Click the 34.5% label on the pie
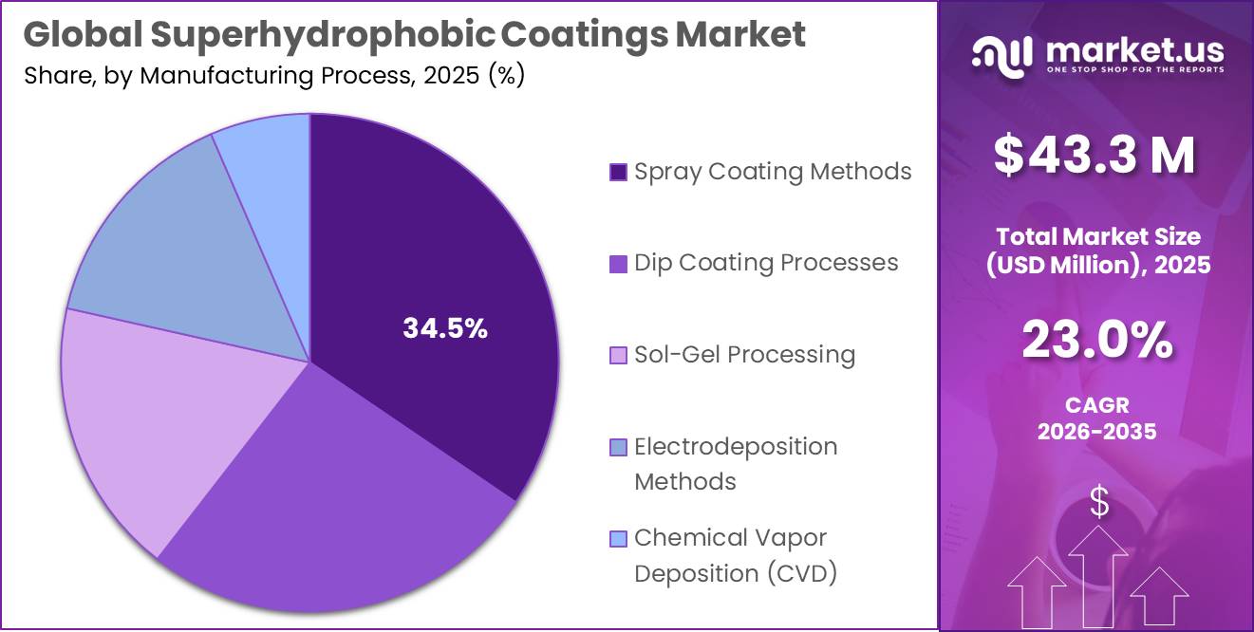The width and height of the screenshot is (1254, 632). (445, 329)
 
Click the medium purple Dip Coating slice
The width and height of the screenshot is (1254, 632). (342, 503)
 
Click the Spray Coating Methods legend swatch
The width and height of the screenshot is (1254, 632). (618, 172)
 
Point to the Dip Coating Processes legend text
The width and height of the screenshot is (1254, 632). (766, 263)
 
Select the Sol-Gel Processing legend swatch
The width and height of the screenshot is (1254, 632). (618, 355)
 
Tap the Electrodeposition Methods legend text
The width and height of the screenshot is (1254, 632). (736, 464)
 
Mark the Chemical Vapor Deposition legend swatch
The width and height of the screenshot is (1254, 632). (618, 539)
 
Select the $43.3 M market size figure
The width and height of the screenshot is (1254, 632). (1095, 157)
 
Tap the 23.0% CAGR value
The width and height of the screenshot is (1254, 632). (1096, 342)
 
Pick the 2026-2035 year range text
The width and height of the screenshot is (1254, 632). (1096, 432)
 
